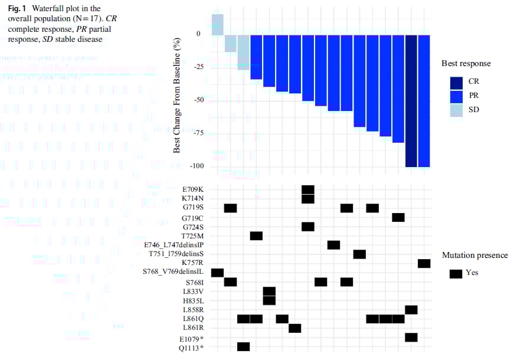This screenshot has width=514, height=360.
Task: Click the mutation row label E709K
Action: [x=193, y=189]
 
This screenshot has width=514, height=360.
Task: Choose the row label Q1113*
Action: [x=192, y=347]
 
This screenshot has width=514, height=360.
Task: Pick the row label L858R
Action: [x=193, y=310]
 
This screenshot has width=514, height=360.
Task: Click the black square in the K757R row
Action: [x=424, y=263]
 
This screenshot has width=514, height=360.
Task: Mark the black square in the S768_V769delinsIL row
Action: [x=217, y=273]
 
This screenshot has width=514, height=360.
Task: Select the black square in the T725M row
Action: [x=256, y=236]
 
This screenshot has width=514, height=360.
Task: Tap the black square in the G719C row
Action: [x=398, y=217]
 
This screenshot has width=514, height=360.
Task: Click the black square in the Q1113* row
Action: [x=243, y=346]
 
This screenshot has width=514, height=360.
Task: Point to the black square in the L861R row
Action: [x=295, y=328]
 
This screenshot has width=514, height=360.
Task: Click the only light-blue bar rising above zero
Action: [x=217, y=24]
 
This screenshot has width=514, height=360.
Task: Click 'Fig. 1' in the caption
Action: [x=18, y=8]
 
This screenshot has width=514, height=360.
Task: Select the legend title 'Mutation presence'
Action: [x=474, y=256]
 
